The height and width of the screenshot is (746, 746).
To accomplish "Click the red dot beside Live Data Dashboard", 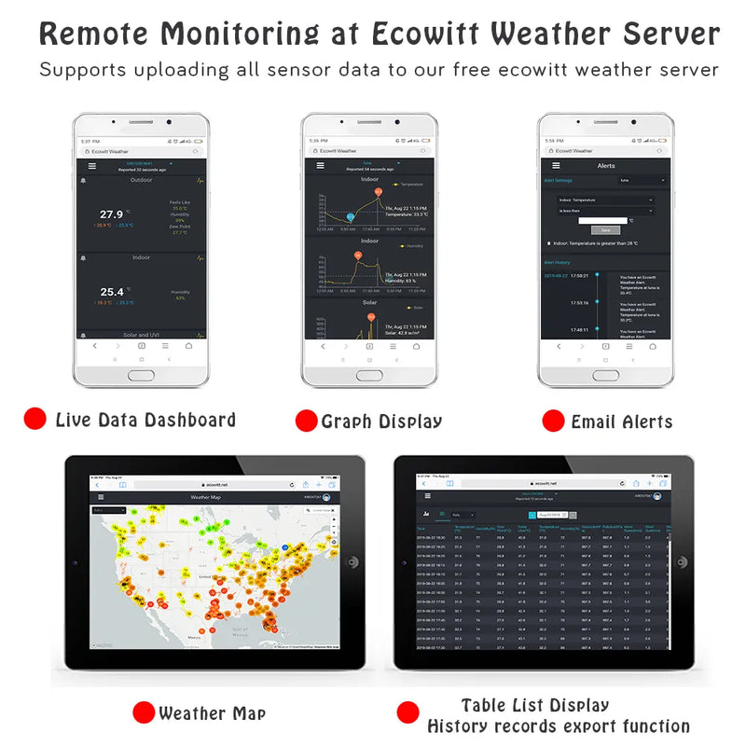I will [35, 419].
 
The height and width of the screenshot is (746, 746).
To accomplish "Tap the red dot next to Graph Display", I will [306, 421].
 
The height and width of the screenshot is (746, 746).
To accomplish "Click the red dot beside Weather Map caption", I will [143, 713].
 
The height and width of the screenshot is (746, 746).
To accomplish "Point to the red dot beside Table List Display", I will [408, 713].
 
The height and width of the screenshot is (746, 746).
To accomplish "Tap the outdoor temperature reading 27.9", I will [112, 214].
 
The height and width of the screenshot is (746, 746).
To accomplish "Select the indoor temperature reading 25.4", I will [112, 292].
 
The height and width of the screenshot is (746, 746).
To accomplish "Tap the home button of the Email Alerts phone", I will [605, 375].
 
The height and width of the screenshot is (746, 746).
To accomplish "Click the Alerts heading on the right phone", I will [606, 166].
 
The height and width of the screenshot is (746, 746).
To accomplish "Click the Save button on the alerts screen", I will [605, 229].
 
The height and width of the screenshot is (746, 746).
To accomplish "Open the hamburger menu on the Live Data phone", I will [91, 166].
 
